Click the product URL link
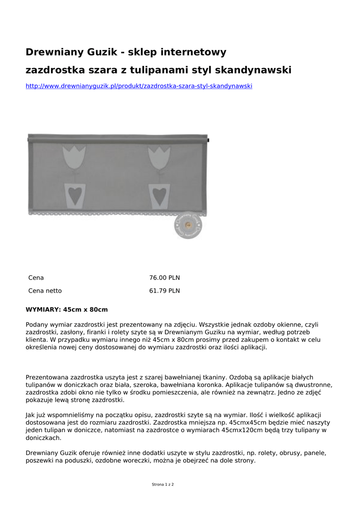tap(139, 86)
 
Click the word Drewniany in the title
tap(55, 52)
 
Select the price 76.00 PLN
tap(164, 278)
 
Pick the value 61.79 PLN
tap(164, 291)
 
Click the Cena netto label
tap(45, 291)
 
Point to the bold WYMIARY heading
tap(43, 310)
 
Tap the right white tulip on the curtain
tap(159, 156)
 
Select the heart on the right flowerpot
tap(159, 195)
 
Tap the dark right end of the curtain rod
tap(209, 140)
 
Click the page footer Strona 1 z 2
tap(163, 484)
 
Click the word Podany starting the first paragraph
tap(37, 324)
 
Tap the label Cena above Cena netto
tap(36, 278)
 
